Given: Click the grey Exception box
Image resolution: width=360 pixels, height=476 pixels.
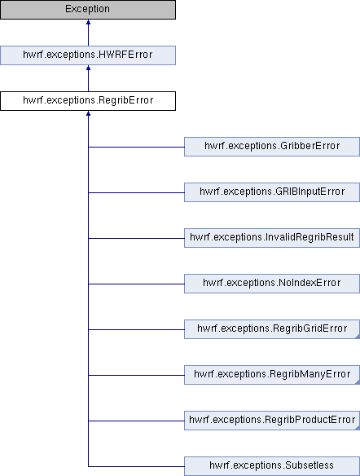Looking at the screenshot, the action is point(88,10).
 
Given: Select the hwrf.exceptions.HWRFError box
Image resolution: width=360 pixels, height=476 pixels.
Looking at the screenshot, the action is point(88,55).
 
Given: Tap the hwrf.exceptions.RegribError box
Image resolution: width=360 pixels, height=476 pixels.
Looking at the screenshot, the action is point(88,101).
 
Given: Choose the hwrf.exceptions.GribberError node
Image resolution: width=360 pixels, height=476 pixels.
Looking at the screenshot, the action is point(272,147).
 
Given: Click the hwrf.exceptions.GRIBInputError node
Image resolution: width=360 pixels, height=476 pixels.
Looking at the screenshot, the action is point(272,192).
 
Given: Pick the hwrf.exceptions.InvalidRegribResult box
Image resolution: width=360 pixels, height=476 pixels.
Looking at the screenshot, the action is point(272,238).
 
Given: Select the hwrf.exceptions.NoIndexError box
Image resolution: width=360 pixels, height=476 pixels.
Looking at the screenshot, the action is point(272,284).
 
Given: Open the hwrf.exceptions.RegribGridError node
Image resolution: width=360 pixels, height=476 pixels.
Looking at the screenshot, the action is point(272,329).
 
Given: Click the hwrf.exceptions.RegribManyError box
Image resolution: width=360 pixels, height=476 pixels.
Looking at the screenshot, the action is point(272,375).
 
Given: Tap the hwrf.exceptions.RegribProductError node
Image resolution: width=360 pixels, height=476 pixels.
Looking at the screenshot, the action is point(272,421).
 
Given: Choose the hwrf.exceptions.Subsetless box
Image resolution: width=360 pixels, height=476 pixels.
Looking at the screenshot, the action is point(272,466).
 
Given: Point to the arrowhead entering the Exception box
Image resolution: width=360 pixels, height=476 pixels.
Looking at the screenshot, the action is point(88,22).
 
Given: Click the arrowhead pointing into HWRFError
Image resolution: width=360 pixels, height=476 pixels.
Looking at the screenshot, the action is point(88,68).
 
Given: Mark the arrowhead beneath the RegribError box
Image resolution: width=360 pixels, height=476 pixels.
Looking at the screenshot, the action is point(88,113).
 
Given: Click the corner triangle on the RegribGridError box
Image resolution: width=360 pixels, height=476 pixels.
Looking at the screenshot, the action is point(358,337).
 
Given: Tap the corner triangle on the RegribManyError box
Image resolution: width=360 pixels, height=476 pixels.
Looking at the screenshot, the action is point(358,382).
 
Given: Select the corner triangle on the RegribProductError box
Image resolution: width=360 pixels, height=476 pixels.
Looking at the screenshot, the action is point(358,428).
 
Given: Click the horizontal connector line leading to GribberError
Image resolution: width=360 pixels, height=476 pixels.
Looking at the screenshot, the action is point(136,148).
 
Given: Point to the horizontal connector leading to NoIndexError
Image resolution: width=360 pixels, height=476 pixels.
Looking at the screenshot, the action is point(136,284).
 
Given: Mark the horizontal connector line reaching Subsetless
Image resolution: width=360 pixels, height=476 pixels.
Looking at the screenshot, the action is point(136,466).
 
